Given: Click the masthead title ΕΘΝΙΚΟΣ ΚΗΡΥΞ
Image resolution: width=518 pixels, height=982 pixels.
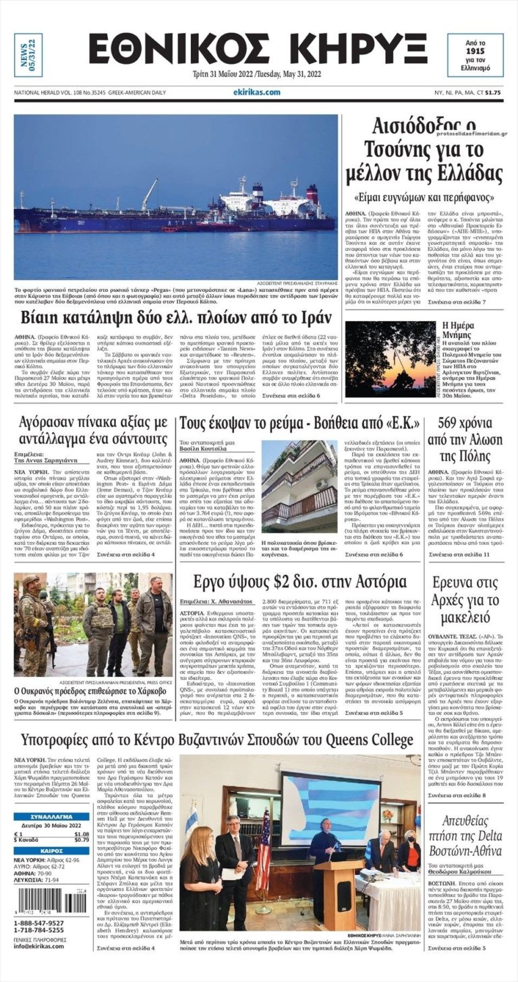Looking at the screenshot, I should tap(258, 49).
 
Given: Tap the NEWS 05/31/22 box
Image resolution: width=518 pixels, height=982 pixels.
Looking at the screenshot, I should tap(28, 55).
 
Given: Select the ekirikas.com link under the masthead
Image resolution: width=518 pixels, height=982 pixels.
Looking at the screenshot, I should tap(257, 92).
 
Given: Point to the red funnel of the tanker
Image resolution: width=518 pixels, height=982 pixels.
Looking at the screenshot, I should tap(312, 194).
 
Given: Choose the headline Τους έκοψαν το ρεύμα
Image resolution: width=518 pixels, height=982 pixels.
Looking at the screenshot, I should tap(299, 423).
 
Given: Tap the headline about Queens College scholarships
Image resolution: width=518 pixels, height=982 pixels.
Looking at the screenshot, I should tap(217, 740).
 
